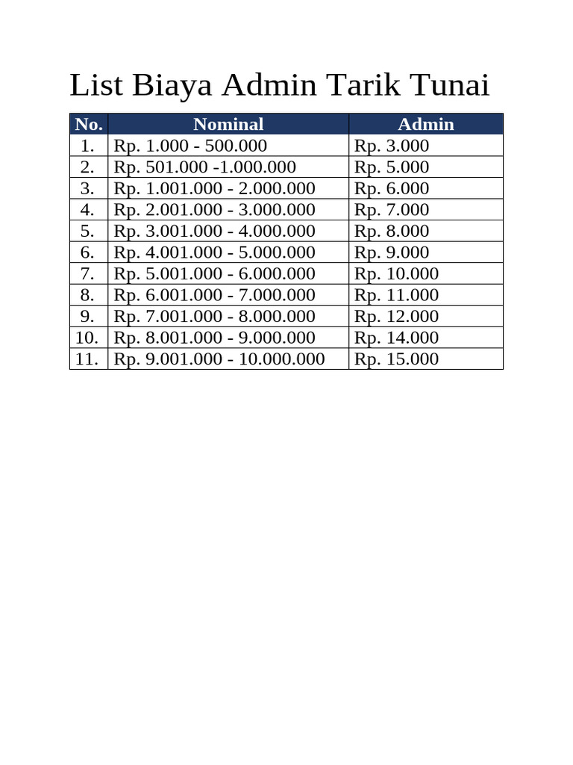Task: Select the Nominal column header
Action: [228, 124]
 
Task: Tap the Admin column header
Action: [426, 124]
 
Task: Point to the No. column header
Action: [89, 124]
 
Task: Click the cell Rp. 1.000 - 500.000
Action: [190, 146]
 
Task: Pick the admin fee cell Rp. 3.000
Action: [392, 146]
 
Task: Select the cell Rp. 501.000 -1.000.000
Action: [205, 167]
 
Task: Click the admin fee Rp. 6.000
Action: [392, 188]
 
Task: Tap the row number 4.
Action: [88, 209]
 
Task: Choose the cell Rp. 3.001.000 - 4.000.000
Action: [215, 231]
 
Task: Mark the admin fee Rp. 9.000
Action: [392, 252]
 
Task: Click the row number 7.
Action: [88, 273]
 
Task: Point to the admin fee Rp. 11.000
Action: [397, 294]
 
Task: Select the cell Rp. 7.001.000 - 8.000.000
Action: [215, 316]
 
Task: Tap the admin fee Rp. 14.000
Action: [397, 337]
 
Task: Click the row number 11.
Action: [87, 359]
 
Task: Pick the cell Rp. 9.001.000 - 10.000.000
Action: [219, 359]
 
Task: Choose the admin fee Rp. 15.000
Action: [397, 359]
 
